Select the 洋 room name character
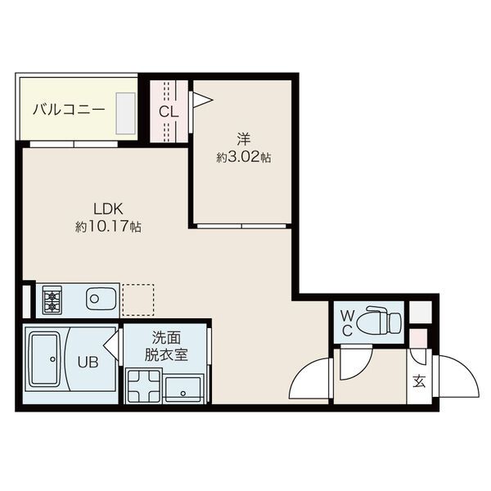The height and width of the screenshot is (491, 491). (244, 140)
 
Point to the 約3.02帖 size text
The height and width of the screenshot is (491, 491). (244, 157)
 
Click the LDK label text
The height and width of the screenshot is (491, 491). (108, 209)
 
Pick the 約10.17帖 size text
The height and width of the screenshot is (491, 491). (108, 227)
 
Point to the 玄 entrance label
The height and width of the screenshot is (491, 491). (419, 381)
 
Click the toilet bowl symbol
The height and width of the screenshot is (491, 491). (378, 320)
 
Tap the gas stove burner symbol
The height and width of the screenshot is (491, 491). (52, 301)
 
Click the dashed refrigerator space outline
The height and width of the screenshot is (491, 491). (137, 300)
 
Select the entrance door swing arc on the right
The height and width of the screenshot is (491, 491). (459, 376)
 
